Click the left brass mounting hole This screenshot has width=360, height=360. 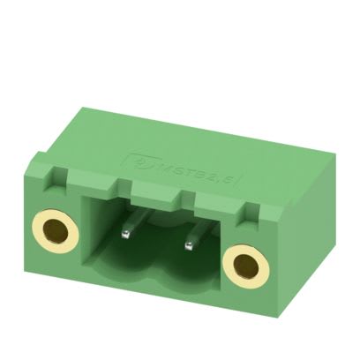click(x=54, y=231)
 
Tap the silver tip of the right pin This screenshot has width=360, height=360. click(x=187, y=243)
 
